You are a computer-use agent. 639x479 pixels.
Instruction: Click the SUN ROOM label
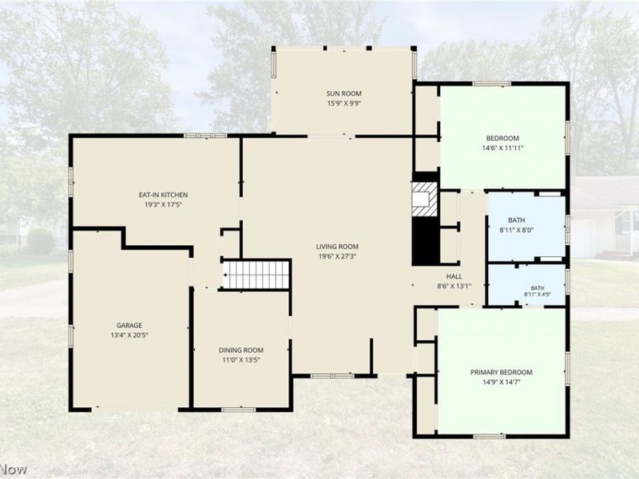343,93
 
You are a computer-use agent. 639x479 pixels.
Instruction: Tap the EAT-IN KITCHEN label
163,195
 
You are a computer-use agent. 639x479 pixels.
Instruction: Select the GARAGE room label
129,325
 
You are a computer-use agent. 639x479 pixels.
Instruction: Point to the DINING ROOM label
241,350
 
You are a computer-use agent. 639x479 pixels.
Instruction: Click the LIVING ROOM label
337,247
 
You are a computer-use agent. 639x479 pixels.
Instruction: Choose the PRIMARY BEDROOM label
502,372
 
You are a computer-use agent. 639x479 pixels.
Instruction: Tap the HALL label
454,276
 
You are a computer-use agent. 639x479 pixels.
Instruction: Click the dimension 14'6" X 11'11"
502,148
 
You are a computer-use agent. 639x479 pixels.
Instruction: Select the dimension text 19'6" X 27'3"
337,256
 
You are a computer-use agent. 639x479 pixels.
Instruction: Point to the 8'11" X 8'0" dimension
516,230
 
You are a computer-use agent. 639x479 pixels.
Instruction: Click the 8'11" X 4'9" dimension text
538,294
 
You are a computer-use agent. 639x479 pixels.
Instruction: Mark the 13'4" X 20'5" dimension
129,335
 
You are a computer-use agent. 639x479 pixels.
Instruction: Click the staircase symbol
256,275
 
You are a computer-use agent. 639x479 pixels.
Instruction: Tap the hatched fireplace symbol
425,199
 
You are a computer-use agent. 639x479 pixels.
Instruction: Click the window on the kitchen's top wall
205,136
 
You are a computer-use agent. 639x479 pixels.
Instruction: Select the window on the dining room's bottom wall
238,410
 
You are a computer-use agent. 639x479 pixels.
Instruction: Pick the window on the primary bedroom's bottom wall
490,436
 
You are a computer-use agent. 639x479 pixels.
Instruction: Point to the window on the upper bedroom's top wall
491,84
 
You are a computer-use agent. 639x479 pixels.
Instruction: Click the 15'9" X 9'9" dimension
343,103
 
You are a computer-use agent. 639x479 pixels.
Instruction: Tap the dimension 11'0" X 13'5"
241,360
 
